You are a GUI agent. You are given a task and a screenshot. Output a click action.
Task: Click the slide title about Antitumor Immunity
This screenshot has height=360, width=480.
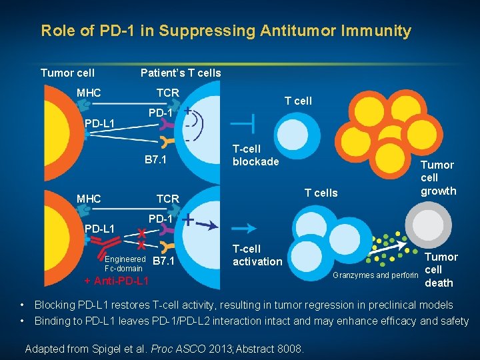pos(226,31)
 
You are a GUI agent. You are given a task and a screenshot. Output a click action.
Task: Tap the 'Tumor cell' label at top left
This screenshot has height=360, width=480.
pos(67,73)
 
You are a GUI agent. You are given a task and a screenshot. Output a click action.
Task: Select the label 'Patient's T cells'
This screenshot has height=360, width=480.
pos(180,73)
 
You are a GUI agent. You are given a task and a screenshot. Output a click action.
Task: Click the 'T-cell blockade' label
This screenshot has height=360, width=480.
pos(255,155)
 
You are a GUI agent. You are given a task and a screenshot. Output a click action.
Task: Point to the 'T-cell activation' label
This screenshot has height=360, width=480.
pos(257,255)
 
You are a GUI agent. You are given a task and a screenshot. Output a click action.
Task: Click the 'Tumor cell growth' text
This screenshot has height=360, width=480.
pos(438,178)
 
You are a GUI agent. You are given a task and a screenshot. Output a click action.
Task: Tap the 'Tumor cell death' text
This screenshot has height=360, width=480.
pos(441,269)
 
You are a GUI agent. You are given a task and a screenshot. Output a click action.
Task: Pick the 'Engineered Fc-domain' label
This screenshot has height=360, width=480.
pos(124,263)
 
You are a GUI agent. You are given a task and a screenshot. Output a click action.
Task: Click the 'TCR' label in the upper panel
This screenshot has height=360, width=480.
pos(167,93)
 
